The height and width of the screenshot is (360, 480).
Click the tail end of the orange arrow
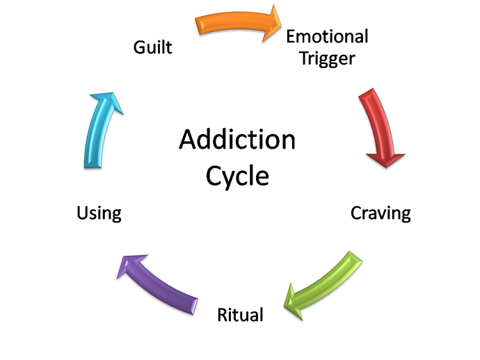coord(199,24)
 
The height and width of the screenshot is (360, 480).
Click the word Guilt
coord(153,48)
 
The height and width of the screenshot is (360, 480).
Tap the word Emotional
coord(327,35)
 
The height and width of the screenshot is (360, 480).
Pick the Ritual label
coord(240,315)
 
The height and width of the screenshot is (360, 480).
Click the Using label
coord(100,213)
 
